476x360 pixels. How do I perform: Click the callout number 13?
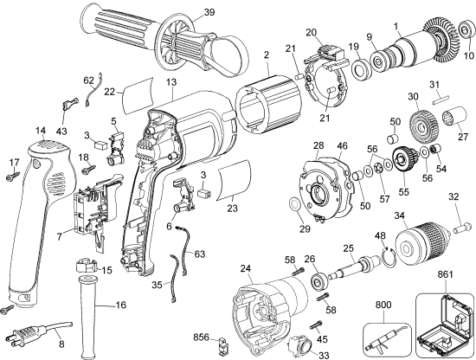pos(172,81)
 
